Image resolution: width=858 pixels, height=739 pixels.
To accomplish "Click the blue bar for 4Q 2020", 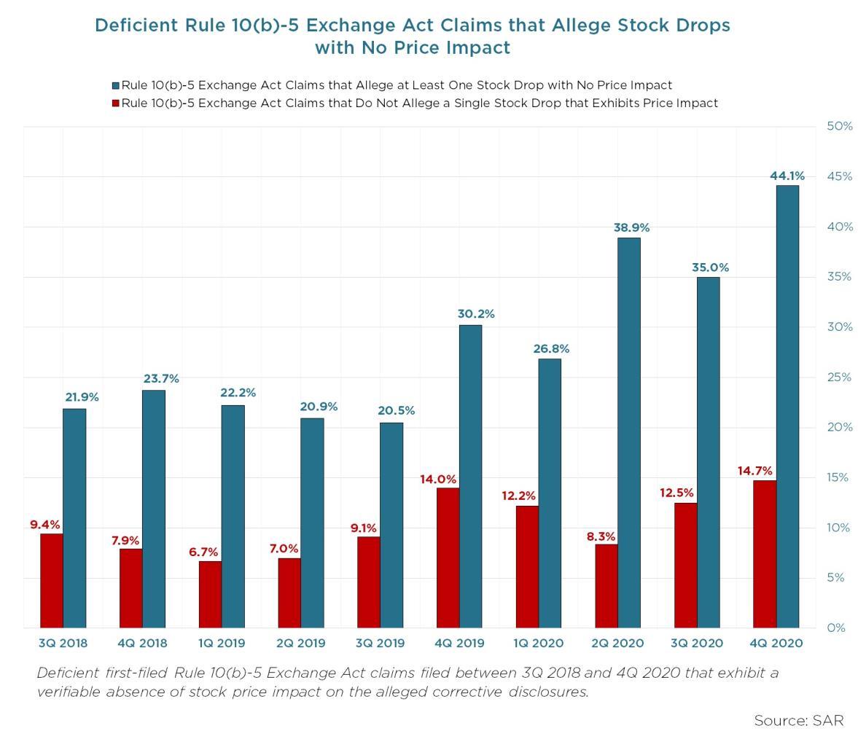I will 787,407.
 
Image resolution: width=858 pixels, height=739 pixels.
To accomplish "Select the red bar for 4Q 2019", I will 448,558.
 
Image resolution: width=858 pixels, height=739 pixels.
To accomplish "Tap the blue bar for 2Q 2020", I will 629,433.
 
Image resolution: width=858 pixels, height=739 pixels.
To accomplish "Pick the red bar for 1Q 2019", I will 210,594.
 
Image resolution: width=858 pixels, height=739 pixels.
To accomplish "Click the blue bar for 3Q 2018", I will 74,518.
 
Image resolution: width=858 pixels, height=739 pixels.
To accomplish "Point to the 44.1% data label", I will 787,176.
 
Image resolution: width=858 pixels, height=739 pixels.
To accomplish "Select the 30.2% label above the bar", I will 476,314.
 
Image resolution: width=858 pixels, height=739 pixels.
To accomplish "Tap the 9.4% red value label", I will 45,525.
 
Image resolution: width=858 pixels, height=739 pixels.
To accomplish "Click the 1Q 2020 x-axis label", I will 538,643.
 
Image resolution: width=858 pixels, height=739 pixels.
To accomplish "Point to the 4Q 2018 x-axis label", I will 142,643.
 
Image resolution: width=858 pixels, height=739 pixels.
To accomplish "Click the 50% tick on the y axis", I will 839,126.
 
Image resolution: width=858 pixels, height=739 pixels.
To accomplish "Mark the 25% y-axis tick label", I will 839,377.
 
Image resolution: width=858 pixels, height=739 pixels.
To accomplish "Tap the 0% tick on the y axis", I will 836,627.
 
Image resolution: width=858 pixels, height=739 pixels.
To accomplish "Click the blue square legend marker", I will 115,85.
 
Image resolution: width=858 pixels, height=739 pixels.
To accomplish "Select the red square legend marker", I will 115,103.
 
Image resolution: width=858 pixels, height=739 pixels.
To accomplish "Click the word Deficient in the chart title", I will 136,26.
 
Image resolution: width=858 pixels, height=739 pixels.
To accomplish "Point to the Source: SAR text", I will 798,721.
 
